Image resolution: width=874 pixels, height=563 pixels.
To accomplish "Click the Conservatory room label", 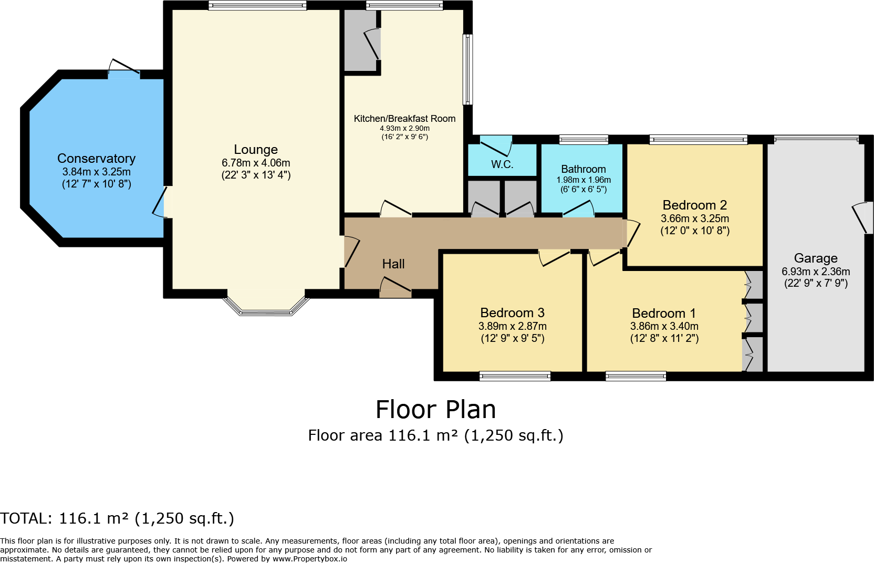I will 96,159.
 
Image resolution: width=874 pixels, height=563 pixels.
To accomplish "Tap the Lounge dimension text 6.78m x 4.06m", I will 256,163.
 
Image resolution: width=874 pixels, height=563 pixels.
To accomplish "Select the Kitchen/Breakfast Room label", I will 404,119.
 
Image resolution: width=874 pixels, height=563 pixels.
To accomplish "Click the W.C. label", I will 502,164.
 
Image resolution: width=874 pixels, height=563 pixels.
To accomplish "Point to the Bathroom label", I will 583,169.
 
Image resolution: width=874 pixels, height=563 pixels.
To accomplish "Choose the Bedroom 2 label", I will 694,205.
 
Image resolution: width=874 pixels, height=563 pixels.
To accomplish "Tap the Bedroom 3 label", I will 512,313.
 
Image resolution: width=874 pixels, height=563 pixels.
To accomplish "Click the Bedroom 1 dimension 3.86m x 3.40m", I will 664,326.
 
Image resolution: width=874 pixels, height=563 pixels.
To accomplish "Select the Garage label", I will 815,258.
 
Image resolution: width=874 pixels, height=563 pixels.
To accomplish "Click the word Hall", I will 393,264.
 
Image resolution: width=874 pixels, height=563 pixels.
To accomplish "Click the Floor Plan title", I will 435,410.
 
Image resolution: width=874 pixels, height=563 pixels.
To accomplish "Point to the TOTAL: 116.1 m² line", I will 117,518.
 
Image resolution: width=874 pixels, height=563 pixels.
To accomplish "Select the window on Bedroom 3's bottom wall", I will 515,376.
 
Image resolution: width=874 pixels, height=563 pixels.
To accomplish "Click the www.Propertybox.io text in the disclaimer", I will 309,559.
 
